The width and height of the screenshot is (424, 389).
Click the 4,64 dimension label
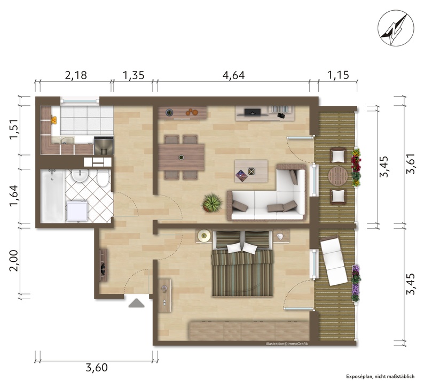[x=233, y=75]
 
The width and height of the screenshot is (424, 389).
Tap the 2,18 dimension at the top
[x=76, y=75]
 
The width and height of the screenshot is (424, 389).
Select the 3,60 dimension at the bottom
[x=97, y=367]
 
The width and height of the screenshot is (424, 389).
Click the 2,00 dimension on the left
[x=13, y=260]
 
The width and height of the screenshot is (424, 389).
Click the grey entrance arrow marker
[x=137, y=303]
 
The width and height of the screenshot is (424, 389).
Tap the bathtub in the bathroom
[x=52, y=196]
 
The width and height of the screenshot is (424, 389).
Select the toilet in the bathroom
[x=103, y=178]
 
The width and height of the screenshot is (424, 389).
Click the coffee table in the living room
[x=251, y=171]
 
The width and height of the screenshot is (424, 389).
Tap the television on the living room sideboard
[x=252, y=112]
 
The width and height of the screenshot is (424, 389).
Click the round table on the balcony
[x=338, y=176]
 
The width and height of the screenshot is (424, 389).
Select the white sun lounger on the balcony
[x=333, y=261]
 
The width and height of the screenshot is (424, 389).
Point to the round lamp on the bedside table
[x=204, y=235]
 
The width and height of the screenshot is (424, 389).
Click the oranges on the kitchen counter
[x=54, y=120]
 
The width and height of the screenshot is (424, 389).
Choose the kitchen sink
[x=65, y=141]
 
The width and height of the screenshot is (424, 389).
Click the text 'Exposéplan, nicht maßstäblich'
[x=380, y=377]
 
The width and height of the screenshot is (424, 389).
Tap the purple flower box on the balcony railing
[x=356, y=283]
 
